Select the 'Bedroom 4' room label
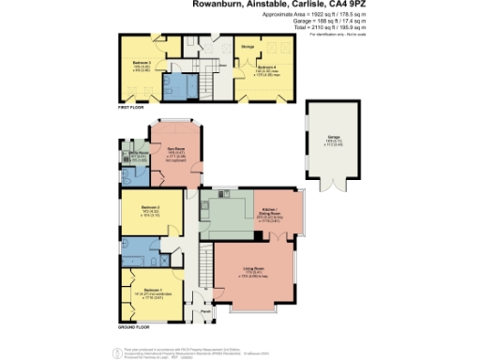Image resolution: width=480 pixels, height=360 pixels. tap(267, 67)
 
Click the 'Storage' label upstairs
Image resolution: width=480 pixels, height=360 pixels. tap(247, 46)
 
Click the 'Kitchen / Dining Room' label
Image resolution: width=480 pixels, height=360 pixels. tap(270, 212)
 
